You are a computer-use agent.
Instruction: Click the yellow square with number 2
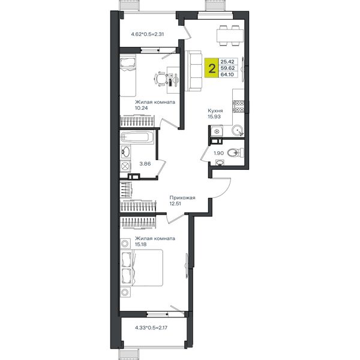211,68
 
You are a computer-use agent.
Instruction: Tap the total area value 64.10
227,74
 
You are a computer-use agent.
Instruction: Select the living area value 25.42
227,62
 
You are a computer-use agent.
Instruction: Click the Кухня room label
215,110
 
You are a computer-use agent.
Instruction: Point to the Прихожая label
182,197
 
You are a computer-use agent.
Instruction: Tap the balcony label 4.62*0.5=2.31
148,34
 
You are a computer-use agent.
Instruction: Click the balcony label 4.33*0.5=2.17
151,328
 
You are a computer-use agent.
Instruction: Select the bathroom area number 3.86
145,164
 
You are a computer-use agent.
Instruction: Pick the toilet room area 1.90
218,153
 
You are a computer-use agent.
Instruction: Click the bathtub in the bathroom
137,137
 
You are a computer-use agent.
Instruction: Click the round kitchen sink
237,130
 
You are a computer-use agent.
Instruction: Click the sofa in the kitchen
193,71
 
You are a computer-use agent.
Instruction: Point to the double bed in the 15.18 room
142,268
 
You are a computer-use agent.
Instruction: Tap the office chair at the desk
161,79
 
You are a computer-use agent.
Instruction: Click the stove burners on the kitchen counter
238,106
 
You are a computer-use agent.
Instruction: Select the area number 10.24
142,108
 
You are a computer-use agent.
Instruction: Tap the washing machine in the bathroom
125,166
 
